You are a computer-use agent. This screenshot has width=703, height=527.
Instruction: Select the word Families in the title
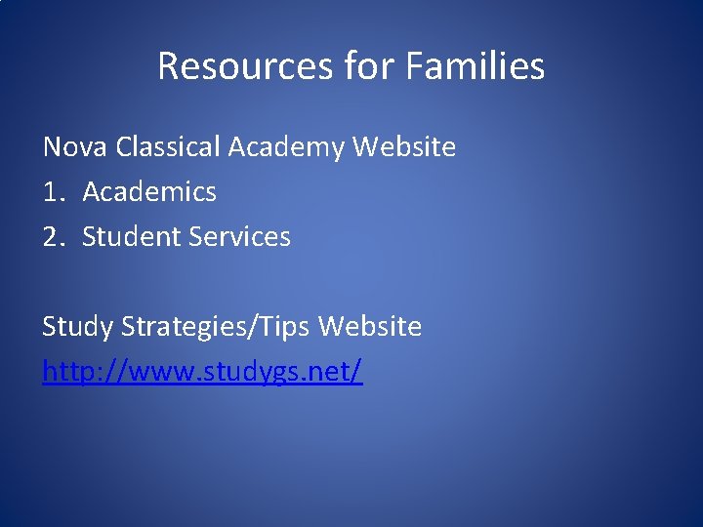[x=475, y=66]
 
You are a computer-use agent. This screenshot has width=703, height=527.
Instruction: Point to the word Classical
[x=167, y=147]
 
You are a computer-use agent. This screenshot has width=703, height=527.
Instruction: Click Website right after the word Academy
[x=404, y=147]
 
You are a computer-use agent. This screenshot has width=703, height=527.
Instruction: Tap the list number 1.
[x=51, y=192]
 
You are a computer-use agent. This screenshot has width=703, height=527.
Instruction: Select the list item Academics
[x=149, y=192]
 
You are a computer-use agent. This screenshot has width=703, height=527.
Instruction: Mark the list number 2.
[x=52, y=237]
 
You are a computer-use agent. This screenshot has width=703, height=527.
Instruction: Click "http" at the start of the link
[x=69, y=372]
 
